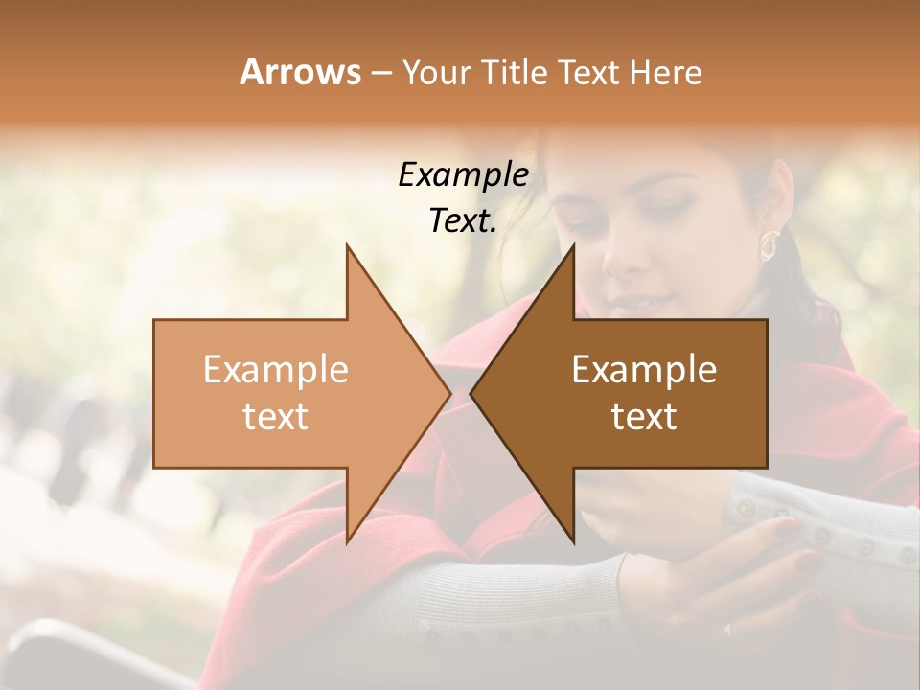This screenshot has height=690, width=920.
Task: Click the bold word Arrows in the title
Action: [301, 72]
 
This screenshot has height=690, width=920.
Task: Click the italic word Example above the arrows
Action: [463, 174]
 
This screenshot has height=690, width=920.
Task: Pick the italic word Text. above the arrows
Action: [463, 220]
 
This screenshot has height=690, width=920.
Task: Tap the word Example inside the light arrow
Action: [276, 370]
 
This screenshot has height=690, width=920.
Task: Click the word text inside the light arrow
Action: [276, 417]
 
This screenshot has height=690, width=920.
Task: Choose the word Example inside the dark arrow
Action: [644, 370]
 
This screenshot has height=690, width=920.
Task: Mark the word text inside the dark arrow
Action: [644, 417]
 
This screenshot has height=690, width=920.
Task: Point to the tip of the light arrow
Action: [448, 393]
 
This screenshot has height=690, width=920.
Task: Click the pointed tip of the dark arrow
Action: [472, 393]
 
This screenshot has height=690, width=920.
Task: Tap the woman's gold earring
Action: [769, 245]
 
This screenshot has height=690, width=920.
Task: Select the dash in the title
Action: [380, 73]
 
